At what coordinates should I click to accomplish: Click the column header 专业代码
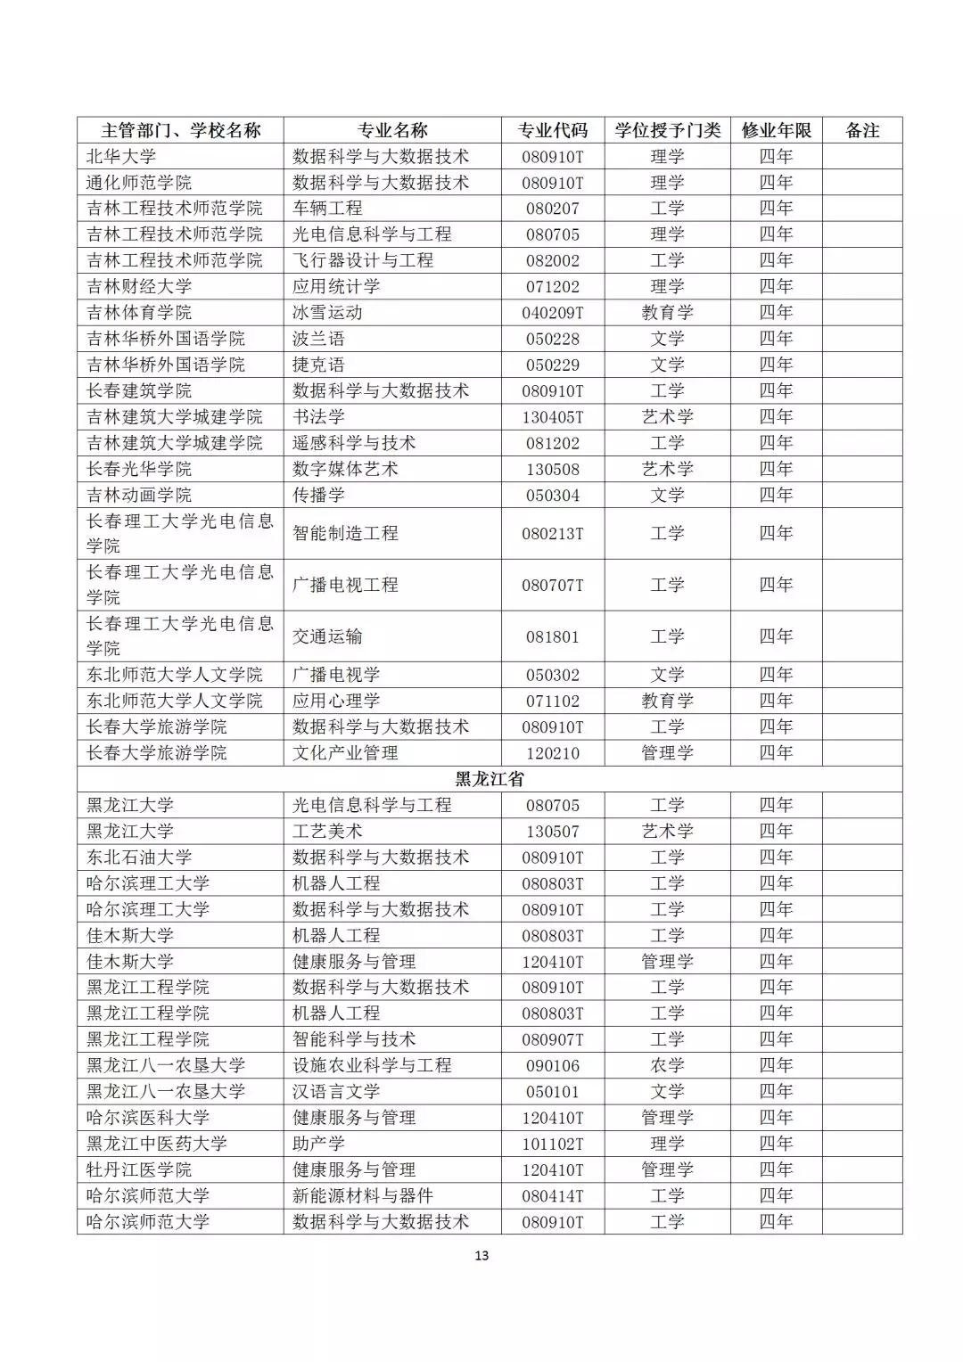[x=553, y=130]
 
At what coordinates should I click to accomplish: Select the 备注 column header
[x=862, y=130]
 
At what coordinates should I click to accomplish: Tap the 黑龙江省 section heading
[x=490, y=779]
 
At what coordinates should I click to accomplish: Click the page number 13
[x=481, y=1256]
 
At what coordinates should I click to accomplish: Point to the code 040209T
[x=553, y=313]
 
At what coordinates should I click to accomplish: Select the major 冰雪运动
[x=327, y=313]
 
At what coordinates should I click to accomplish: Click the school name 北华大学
[x=121, y=156]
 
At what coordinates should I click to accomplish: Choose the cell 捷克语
[x=318, y=365]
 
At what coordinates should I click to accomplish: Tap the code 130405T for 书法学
[x=553, y=417]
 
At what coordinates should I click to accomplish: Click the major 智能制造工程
[x=345, y=533]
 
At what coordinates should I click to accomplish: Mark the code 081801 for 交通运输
[x=553, y=636]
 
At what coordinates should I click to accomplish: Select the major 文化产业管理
[x=345, y=753]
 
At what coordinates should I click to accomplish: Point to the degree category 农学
[x=667, y=1065]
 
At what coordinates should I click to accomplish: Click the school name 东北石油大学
[x=139, y=857]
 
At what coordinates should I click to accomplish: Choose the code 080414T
[x=553, y=1195]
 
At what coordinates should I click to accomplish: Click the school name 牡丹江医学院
[x=139, y=1169]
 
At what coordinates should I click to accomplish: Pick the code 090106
[x=553, y=1065]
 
